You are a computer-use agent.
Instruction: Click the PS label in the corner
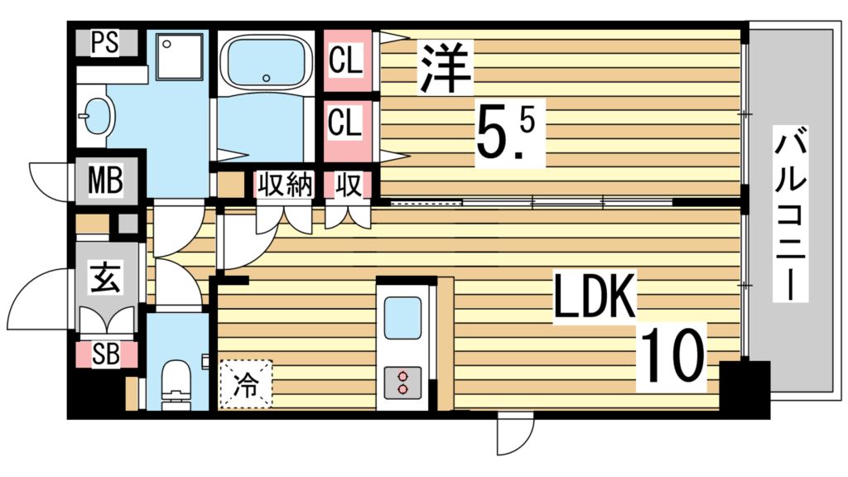click(104, 44)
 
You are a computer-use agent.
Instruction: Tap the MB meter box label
click(106, 179)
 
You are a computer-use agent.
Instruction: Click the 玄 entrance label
click(105, 277)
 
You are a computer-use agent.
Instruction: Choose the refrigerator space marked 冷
click(246, 383)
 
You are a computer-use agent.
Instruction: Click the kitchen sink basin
click(402, 316)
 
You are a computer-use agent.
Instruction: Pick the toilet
click(176, 382)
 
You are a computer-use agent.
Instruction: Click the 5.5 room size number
click(505, 132)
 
